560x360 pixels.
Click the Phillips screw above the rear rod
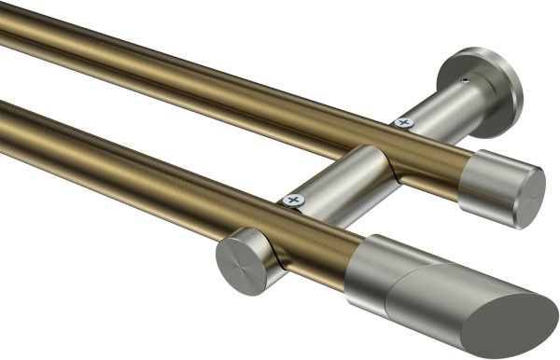coord(404,121)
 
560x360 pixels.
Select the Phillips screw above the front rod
coord(295,200)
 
